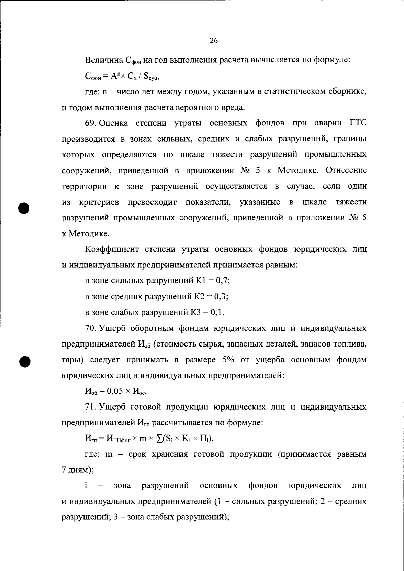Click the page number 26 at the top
click(214, 41)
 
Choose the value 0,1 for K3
click(217, 312)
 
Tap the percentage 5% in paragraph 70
click(228, 360)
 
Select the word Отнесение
click(346, 170)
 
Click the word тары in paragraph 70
click(72, 360)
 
